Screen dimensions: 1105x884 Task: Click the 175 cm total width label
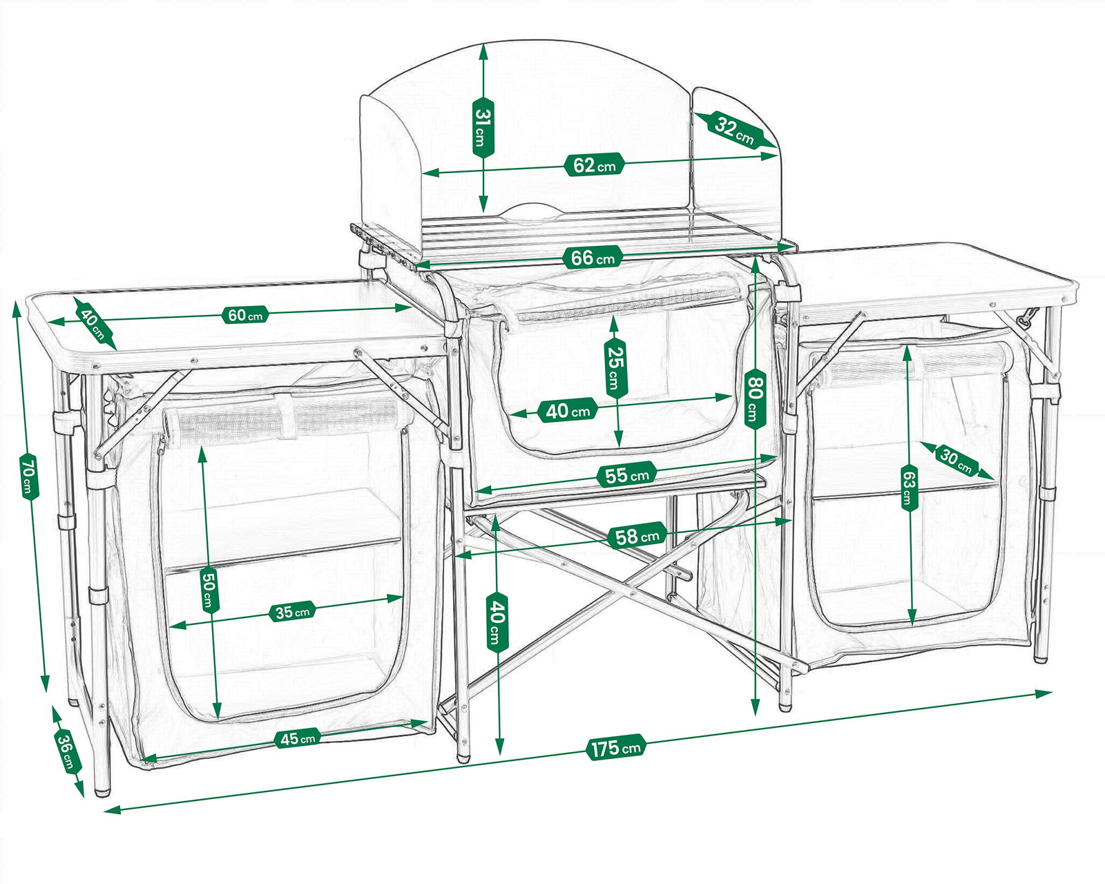coord(615,747)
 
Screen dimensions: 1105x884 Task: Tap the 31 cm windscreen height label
coord(483,127)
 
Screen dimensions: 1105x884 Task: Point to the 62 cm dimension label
coord(594,165)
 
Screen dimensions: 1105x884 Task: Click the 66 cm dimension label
coord(593,258)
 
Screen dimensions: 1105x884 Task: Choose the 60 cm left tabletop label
coord(245,315)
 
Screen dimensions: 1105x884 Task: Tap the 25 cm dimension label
coord(615,368)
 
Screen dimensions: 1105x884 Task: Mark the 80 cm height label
coord(756,398)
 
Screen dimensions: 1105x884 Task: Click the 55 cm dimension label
coord(627,475)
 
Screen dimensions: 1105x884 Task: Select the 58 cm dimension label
coord(637,537)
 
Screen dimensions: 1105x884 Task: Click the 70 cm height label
coord(29,476)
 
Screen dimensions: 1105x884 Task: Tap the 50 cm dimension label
coord(209,590)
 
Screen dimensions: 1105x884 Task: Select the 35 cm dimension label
coord(291,612)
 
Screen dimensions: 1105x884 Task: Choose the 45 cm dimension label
coord(297,739)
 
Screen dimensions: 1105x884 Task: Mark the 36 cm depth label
coord(67,751)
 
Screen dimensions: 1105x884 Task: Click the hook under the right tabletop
coord(1027,318)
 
